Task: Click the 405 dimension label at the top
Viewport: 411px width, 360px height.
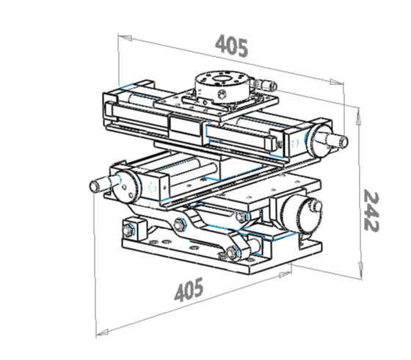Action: pos(232,46)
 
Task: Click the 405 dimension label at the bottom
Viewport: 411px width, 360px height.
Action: pos(189,290)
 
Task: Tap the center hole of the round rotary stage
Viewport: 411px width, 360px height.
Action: pos(222,78)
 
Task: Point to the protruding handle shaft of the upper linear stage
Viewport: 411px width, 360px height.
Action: pos(337,141)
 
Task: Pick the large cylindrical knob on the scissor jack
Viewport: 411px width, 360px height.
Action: pos(299,216)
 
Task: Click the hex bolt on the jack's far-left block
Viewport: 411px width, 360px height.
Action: pos(128,231)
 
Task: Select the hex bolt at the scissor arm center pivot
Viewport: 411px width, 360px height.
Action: pos(180,224)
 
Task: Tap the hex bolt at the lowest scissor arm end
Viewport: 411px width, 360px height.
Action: pos(232,253)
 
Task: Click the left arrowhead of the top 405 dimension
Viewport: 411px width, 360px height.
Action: pos(125,37)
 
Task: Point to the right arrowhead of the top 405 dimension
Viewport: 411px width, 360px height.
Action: pos(337,82)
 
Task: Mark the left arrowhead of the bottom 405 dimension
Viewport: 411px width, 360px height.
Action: pos(102,333)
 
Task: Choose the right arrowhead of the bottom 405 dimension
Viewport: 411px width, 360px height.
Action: pos(285,274)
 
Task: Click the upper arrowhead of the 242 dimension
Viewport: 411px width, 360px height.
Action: pos(358,117)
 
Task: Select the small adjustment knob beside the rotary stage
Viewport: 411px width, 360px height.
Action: pos(266,84)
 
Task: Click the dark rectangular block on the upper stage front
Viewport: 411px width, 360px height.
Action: pos(186,125)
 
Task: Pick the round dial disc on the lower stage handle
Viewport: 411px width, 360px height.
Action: pos(126,186)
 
